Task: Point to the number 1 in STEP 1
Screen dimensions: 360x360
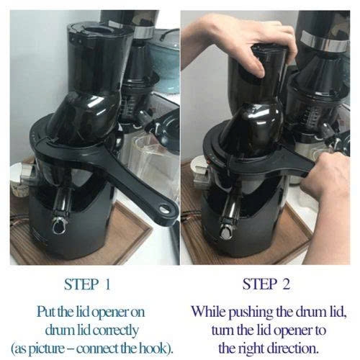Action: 107,284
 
